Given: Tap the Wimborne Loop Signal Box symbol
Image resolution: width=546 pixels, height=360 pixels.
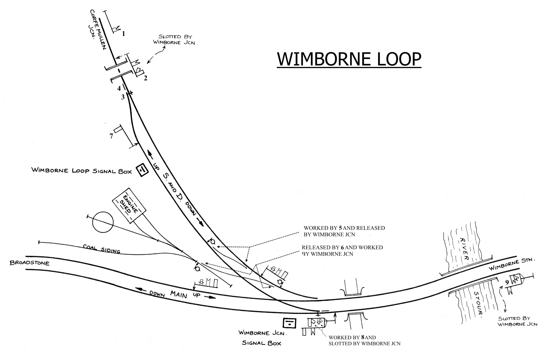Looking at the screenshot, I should [142, 170].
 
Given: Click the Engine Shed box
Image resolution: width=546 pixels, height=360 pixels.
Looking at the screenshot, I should [129, 205].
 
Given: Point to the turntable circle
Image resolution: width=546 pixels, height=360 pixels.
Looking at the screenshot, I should [103, 222].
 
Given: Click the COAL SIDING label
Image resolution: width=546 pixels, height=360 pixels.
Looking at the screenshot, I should [101, 249].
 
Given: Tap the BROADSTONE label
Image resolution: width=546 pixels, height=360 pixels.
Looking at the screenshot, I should [30, 263].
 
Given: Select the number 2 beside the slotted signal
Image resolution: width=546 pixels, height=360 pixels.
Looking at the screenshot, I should [146, 78].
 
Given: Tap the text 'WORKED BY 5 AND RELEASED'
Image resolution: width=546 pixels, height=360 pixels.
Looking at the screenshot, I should [344, 228].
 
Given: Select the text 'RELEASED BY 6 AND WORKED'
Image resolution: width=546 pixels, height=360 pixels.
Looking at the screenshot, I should [342, 247].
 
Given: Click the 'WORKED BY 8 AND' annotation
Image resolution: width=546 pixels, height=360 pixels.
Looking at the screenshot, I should [352, 337].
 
